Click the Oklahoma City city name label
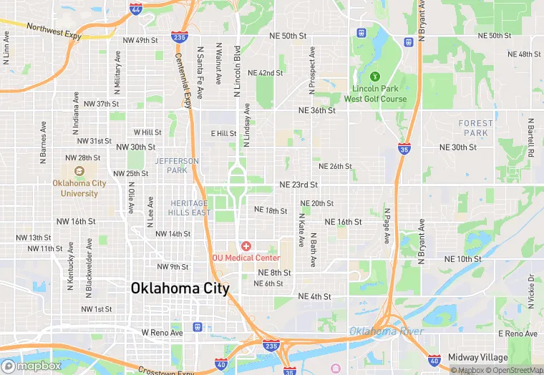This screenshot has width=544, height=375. pos(180,288)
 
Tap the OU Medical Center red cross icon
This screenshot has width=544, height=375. pos(246,246)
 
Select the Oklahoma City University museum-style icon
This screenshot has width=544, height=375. pos(79,171)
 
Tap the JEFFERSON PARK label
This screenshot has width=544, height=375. pos(177,165)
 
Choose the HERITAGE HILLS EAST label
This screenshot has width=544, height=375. pos(190,208)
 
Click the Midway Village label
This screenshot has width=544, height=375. pos(477,357)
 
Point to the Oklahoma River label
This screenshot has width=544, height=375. pos(387,331)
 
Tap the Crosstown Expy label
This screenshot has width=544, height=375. pos(167,371)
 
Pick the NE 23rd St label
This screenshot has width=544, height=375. pos(298,184)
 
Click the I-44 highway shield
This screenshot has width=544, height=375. pos(136,9)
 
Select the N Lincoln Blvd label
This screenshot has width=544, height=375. pos(235,69)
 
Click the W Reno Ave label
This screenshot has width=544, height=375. pos(162,333)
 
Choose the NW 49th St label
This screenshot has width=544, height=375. pos(140,40)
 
